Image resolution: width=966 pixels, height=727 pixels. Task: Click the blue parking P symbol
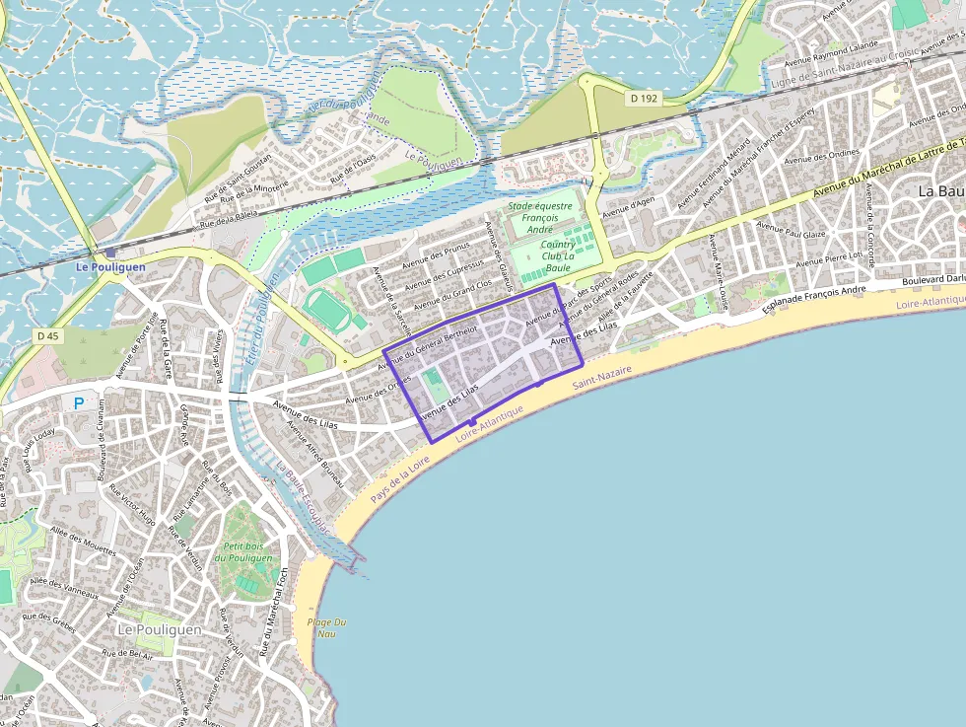[79, 402]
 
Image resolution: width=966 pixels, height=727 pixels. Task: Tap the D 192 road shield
[644, 99]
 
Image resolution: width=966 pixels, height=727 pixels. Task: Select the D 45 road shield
[47, 336]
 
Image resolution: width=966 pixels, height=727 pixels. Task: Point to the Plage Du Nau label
[327, 627]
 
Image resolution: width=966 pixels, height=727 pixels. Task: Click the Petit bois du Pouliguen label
[247, 552]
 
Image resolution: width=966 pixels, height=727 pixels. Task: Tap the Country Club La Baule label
[558, 255]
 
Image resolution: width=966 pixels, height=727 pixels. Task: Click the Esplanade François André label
[814, 299]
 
